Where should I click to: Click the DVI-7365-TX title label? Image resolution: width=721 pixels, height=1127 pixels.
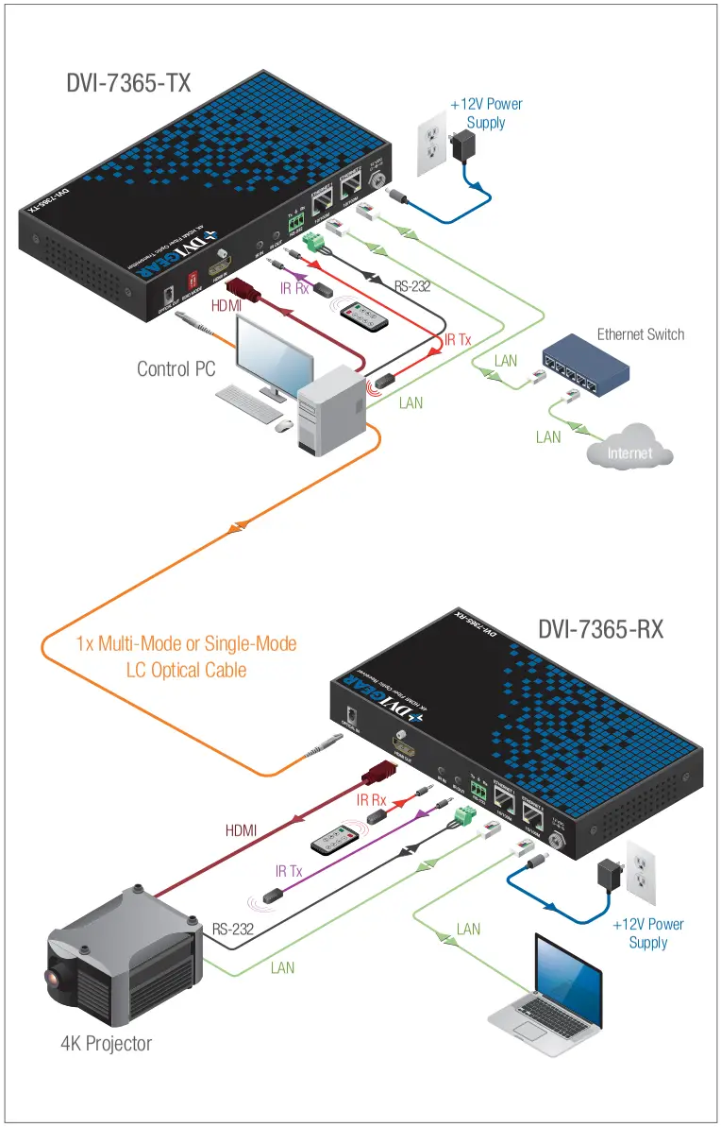[128, 83]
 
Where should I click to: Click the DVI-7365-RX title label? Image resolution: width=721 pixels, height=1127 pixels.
[600, 628]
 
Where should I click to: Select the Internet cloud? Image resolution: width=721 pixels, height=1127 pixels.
[629, 453]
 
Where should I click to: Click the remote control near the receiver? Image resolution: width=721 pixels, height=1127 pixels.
[336, 839]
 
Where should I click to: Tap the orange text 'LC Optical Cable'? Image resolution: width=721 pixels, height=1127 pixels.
[186, 669]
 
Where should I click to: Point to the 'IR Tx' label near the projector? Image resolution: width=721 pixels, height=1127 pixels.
[289, 871]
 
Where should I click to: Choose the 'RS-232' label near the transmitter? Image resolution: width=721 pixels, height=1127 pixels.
[412, 286]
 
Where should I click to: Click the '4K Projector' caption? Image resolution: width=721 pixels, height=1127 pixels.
[106, 1043]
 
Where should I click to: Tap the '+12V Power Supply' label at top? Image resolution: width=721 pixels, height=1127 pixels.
[485, 113]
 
